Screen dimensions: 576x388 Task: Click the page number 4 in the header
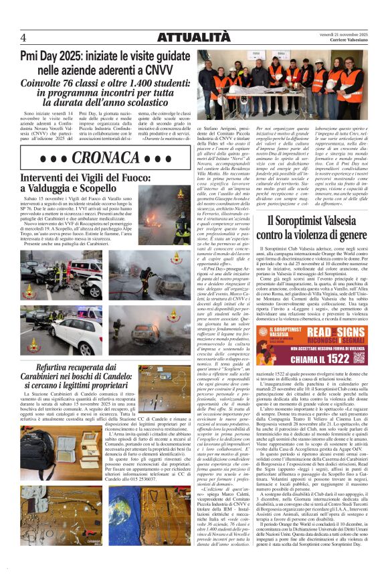tap(23, 37)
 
